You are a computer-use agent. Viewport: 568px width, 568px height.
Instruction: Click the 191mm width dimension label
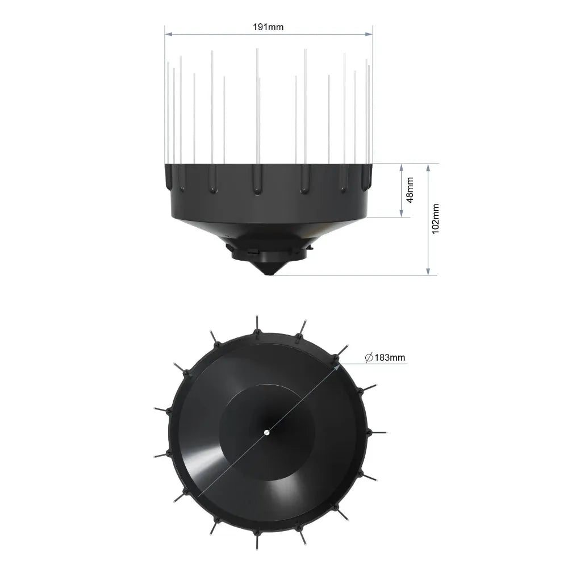point(269,27)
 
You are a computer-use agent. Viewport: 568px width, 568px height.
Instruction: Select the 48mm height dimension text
point(410,190)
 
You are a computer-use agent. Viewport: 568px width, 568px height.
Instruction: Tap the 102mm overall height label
point(436,219)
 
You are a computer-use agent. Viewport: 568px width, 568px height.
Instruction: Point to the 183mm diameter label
point(389,357)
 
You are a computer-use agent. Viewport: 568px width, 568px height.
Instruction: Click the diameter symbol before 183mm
point(368,357)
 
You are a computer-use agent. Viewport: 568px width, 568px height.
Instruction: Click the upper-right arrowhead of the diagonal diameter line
point(339,366)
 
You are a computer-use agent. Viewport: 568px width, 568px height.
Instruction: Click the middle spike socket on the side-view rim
point(257,181)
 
